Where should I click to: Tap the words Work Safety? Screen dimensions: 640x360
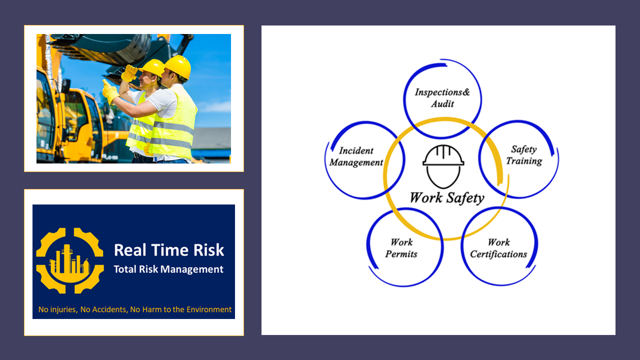(447, 198)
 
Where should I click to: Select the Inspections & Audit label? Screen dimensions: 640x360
(442, 97)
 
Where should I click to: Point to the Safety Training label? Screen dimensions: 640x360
(524, 155)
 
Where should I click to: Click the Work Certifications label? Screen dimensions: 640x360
(498, 248)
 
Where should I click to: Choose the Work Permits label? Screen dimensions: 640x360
(401, 248)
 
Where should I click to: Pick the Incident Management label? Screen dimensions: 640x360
(356, 156)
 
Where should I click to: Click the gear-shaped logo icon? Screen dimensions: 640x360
(69, 260)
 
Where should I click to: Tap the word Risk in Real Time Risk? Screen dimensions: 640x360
(208, 250)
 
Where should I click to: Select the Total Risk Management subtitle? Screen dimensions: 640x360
(168, 269)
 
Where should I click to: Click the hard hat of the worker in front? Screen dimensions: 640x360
(177, 67)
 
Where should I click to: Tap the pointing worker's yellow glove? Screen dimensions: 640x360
(110, 91)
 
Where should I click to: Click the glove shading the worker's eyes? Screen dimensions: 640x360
(129, 73)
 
